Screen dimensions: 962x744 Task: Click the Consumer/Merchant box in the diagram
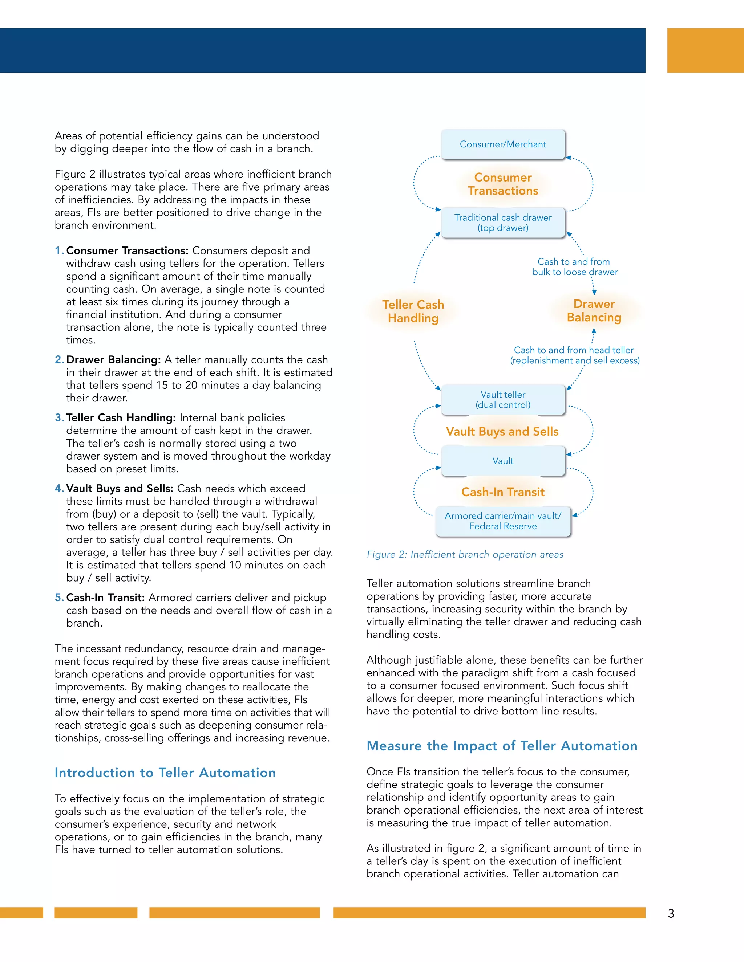[x=503, y=144]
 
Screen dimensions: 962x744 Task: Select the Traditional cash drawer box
[x=503, y=223]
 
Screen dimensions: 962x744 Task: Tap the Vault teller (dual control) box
[x=503, y=400]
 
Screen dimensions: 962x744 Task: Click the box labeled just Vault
[x=503, y=461]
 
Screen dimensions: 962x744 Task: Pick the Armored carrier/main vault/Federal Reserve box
[x=503, y=521]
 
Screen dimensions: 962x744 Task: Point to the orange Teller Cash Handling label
[x=413, y=311]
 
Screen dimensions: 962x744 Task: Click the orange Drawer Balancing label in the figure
[x=594, y=310]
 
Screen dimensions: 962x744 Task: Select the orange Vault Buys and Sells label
[x=502, y=432]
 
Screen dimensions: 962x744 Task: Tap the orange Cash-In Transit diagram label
[x=503, y=492]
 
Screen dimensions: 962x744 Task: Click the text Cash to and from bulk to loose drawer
[x=574, y=267]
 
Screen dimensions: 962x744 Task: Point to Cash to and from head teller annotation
[x=574, y=355]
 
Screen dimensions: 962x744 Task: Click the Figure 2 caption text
[x=465, y=555]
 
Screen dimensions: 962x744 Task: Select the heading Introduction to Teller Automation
[x=165, y=773]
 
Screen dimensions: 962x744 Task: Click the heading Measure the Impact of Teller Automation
[x=502, y=746]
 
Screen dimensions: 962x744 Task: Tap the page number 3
[x=671, y=914]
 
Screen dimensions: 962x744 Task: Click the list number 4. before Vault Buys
[x=59, y=489]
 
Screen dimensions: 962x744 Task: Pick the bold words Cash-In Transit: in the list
[x=105, y=598]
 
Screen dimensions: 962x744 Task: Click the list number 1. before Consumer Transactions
[x=59, y=250]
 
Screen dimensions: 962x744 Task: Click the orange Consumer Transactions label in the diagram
[x=503, y=184]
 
